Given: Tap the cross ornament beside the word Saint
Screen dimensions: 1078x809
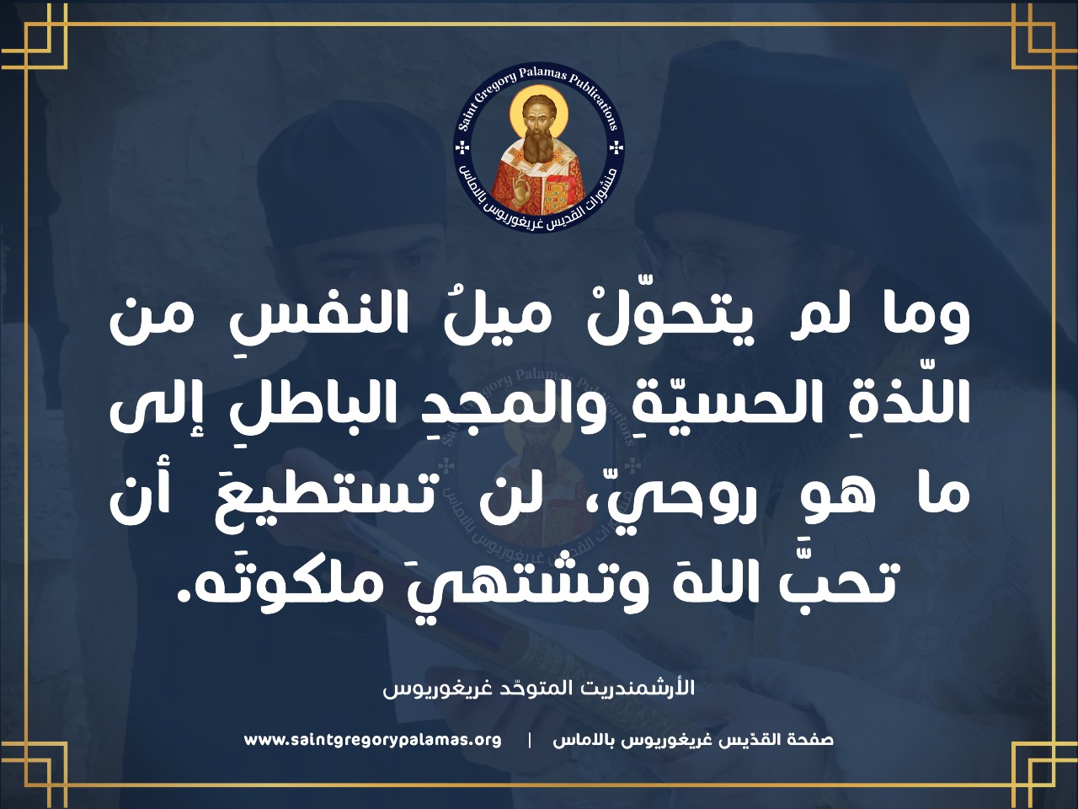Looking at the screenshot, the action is tap(462, 147).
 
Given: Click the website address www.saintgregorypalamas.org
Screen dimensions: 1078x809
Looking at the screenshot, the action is tap(373, 753).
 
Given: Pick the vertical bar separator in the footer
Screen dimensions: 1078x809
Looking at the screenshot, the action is tap(530, 754).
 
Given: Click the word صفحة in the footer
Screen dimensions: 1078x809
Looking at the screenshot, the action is tap(813, 753).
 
